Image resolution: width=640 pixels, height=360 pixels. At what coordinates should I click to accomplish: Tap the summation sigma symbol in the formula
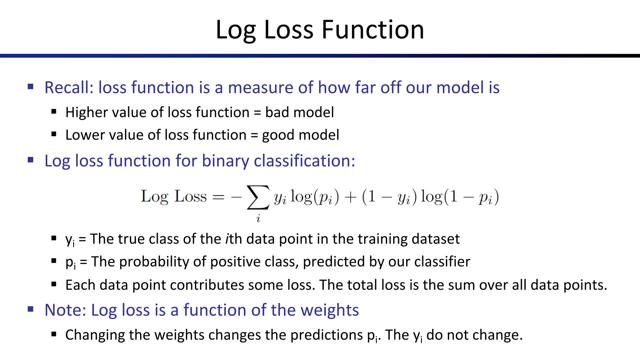click(x=258, y=197)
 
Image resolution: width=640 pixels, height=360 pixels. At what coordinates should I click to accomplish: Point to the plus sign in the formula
click(x=350, y=197)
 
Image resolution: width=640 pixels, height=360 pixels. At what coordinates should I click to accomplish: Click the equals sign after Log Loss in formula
click(x=218, y=197)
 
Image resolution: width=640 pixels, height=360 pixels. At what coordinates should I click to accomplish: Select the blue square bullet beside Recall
click(x=30, y=87)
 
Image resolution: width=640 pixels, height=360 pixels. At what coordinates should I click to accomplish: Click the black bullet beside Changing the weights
click(x=54, y=334)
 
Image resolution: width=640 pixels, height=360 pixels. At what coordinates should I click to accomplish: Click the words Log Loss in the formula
click(x=174, y=197)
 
